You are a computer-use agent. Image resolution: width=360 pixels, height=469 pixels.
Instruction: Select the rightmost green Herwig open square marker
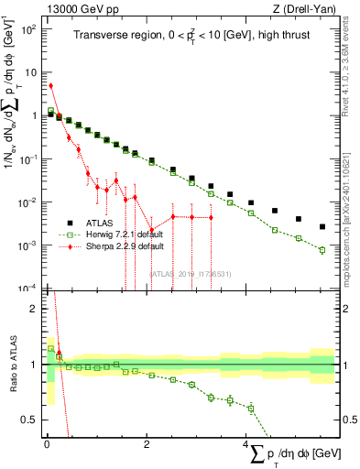pos(322,249)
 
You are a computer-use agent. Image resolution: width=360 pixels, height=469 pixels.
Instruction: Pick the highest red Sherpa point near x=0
pos(50,86)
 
